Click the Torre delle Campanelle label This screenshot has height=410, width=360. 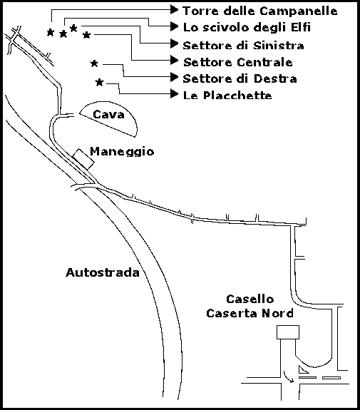coord(260,11)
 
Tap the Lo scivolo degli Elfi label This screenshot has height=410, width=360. coord(247,28)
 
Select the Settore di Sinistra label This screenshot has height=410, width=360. coord(243,45)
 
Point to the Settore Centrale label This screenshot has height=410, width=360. coord(238,62)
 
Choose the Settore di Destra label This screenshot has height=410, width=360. coord(240,78)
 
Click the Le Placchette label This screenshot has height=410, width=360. coord(227,95)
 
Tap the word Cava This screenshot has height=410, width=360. coord(108,114)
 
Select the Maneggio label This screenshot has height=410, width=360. coord(122,152)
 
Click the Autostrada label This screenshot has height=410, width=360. coord(103,272)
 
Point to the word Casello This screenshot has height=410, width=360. coord(250,299)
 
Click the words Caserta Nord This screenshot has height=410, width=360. coord(250,313)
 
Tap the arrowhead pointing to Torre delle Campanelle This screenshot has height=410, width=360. coord(175,10)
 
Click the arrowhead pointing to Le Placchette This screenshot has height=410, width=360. coord(175,93)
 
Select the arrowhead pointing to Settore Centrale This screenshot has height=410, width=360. coord(175,60)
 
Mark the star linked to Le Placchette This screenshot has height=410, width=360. coord(99,83)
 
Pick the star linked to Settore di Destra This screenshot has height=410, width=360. coord(94,63)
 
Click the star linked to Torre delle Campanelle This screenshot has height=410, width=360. coord(51,32)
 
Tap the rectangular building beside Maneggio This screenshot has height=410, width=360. coord(83,159)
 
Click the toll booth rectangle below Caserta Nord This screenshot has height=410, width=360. coord(288,332)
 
